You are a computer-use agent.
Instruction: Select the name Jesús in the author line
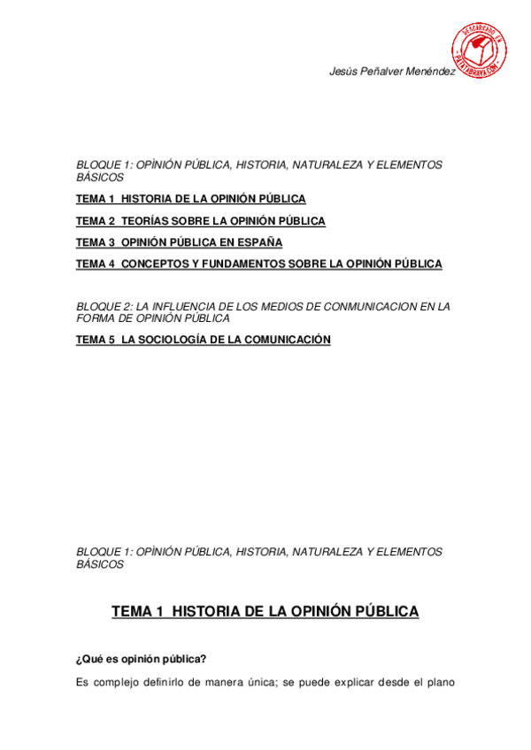tap(343, 72)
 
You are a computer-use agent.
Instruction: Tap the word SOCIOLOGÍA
tap(177, 340)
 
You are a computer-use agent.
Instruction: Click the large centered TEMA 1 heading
tap(265, 611)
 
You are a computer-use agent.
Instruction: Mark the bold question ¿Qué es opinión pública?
tap(142, 658)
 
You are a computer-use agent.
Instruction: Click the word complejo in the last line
tap(119, 682)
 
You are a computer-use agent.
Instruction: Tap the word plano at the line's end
tap(438, 682)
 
